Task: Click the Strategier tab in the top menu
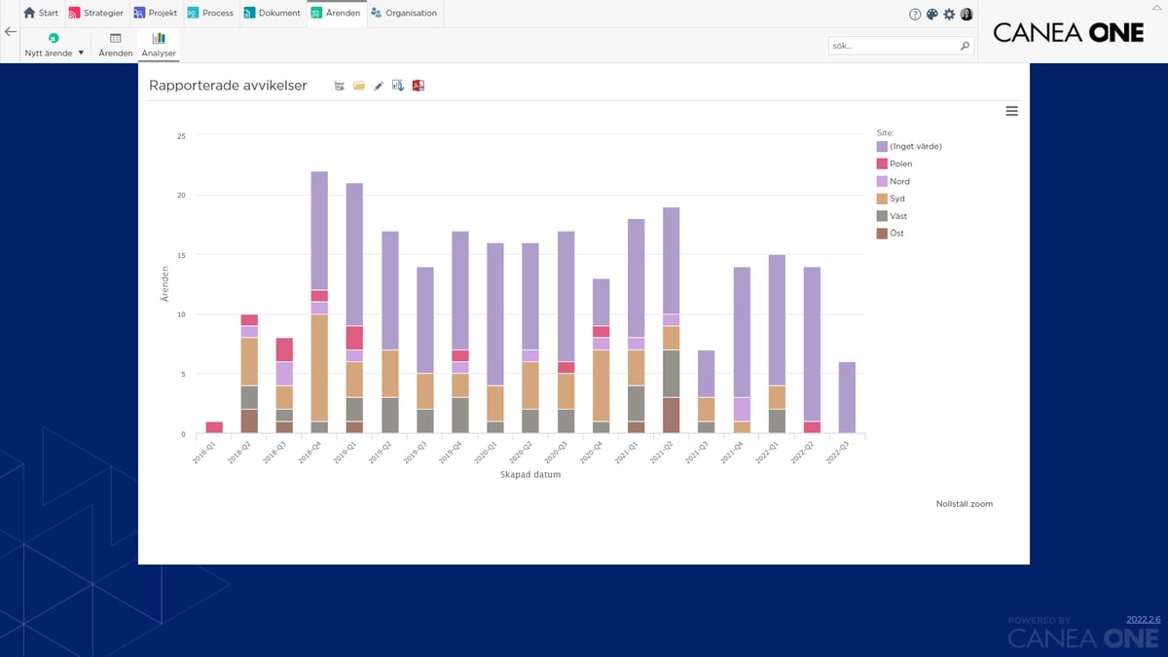[x=95, y=14]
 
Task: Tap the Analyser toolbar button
[x=158, y=45]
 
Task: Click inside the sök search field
[x=891, y=46]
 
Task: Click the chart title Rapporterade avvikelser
[x=228, y=86]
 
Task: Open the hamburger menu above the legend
[x=1011, y=111]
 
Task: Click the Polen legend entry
[x=900, y=164]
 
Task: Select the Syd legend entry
[x=896, y=199]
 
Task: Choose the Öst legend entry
[x=896, y=234]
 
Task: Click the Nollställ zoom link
[x=964, y=504]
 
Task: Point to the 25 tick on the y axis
[x=180, y=136]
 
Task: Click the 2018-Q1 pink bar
[x=214, y=427]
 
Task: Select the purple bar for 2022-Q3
[x=847, y=397]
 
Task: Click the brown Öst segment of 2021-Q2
[x=671, y=416]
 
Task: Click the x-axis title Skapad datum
[x=529, y=475]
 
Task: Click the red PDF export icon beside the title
[x=418, y=86]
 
